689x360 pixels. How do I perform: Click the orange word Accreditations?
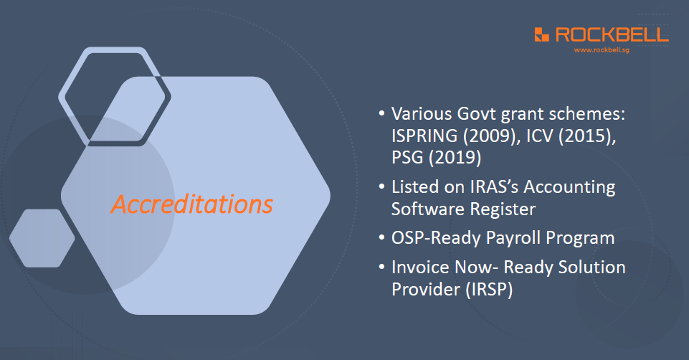191,204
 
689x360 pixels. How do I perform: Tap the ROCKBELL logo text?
612,34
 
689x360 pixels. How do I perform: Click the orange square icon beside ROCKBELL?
542,34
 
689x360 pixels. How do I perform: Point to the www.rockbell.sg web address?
602,50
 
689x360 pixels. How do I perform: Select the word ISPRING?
424,136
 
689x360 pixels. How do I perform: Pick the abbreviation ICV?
540,136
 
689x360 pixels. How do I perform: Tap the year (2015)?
587,136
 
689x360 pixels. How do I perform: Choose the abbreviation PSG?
407,157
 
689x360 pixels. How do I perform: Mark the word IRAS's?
494,187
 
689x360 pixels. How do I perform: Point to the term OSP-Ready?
436,238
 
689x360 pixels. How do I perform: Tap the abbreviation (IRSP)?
489,290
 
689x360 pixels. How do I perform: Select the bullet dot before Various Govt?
381,113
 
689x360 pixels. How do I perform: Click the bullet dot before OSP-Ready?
381,238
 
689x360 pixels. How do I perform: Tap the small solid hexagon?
42,238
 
